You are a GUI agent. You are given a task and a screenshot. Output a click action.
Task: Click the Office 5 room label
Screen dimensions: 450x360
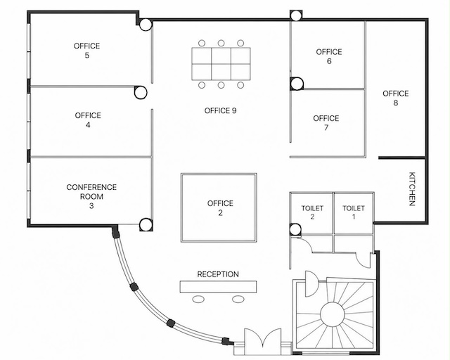click(x=86, y=51)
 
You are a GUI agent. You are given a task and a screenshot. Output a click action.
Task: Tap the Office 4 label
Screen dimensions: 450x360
click(x=88, y=120)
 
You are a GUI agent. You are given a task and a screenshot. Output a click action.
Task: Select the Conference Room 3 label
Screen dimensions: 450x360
click(x=91, y=196)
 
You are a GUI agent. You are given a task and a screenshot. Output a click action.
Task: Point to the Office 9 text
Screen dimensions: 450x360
click(x=220, y=111)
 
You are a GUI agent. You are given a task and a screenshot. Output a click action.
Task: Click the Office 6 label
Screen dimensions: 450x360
click(x=329, y=56)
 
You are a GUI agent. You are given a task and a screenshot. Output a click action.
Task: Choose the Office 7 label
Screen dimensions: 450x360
click(x=326, y=123)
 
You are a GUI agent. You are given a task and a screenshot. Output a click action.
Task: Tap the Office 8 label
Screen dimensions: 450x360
click(x=395, y=98)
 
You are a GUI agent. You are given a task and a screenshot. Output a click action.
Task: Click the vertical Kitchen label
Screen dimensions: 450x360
click(x=412, y=189)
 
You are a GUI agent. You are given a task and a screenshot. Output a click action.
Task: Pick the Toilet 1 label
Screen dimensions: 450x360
click(x=354, y=212)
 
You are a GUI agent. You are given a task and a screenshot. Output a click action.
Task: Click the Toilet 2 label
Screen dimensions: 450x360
click(x=312, y=212)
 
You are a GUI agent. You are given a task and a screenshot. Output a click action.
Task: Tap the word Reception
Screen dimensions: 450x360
click(x=218, y=274)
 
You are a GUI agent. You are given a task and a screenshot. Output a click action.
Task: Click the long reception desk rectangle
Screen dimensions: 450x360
click(x=218, y=287)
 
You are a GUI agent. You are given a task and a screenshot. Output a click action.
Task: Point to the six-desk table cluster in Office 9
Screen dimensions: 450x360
click(x=221, y=64)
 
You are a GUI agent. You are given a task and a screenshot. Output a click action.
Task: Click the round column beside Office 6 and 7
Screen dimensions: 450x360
click(x=297, y=84)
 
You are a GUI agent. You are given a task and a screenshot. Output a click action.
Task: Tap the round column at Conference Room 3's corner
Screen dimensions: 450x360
click(x=146, y=225)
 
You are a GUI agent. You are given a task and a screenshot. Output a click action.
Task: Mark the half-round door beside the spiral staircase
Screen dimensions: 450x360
click(x=311, y=283)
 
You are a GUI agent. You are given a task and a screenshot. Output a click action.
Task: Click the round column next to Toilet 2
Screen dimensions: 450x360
click(x=295, y=230)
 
